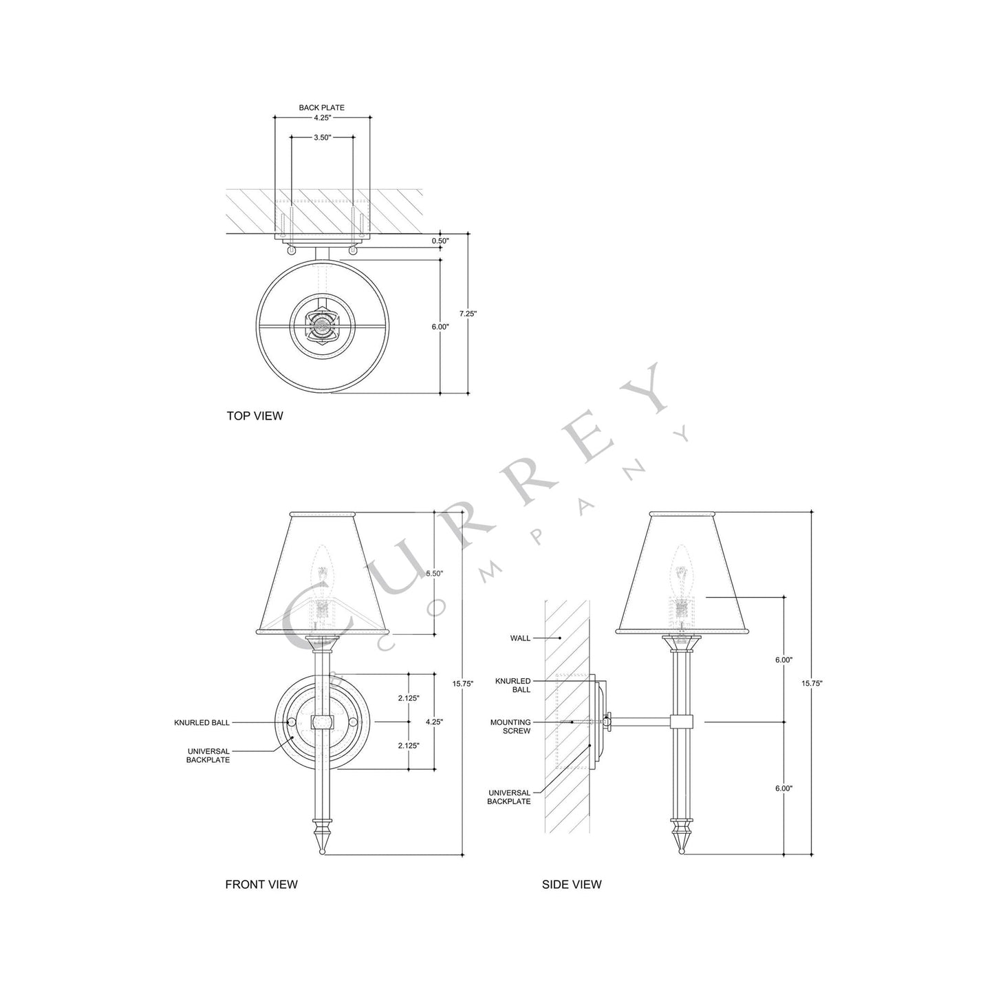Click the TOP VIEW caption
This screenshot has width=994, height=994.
click(x=255, y=415)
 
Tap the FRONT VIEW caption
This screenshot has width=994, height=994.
click(x=261, y=884)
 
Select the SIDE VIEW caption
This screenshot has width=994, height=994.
click(x=572, y=884)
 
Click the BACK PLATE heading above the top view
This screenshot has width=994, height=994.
click(x=322, y=108)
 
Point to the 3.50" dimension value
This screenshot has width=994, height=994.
click(x=323, y=138)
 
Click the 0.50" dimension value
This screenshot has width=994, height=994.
click(x=441, y=241)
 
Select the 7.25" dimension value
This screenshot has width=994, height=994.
click(x=468, y=313)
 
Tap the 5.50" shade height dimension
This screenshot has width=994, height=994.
click(x=435, y=573)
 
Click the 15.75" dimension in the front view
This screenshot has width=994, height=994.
click(x=463, y=684)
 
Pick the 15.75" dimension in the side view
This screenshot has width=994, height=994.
click(x=812, y=683)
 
